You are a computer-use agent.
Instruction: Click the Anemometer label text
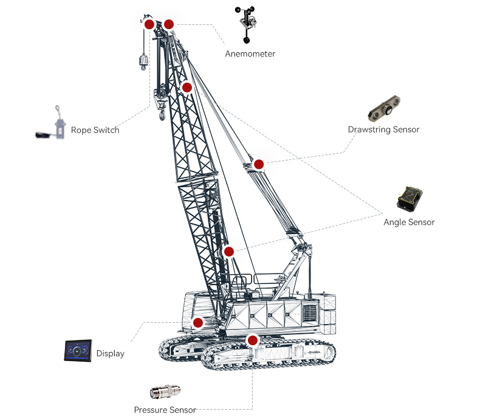coord(250,54)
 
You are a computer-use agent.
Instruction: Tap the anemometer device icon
coord(245,25)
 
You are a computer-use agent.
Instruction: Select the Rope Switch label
coord(95,130)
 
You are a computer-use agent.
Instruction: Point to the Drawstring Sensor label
coord(383,129)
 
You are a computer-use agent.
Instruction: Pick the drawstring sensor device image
coord(385,108)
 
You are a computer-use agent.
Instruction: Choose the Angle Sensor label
coord(409,222)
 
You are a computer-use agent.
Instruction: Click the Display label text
coord(110,354)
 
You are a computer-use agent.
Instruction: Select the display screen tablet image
coord(78,351)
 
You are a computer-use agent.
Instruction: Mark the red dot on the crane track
coord(253,340)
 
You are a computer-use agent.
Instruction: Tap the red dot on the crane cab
coord(197,323)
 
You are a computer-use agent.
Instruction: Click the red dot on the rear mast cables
coord(259,164)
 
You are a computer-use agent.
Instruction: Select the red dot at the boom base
coord(229,251)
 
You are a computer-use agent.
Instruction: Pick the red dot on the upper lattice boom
coord(187,88)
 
